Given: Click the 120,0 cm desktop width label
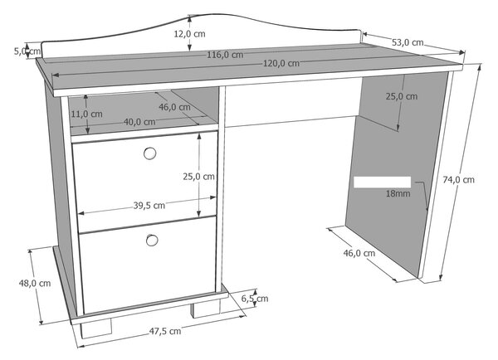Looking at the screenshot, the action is coord(281,64).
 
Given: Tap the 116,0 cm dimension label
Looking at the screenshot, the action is coord(225,55).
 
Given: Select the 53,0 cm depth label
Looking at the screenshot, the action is coord(408,42).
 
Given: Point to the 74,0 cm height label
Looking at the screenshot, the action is coord(459,180).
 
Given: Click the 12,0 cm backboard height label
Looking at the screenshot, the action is coord(189,34).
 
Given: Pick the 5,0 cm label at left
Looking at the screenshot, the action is coord(27,51).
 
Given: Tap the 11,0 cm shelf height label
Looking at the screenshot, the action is coord(86,114).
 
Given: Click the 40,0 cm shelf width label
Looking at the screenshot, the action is coord(139,122).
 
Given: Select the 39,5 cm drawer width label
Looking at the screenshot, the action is coord(149,206).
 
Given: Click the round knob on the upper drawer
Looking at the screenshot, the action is coord(149,153).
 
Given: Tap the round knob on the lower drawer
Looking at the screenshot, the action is coord(152,241).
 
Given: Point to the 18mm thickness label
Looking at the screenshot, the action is coord(398,193).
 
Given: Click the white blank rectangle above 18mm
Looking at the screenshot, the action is coord(382,182).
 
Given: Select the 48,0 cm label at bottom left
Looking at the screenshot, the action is coord(35,283).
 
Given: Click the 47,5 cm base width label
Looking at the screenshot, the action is coord(165,331).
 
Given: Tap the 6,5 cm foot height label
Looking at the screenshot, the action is coord(255,299).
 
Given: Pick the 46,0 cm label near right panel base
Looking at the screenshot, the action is coord(359,253).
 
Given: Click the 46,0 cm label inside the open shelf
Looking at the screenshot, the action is coord(174,107).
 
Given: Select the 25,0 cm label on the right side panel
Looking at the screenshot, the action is coord(402,96).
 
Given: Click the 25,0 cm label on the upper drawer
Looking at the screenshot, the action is coord(198,177).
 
